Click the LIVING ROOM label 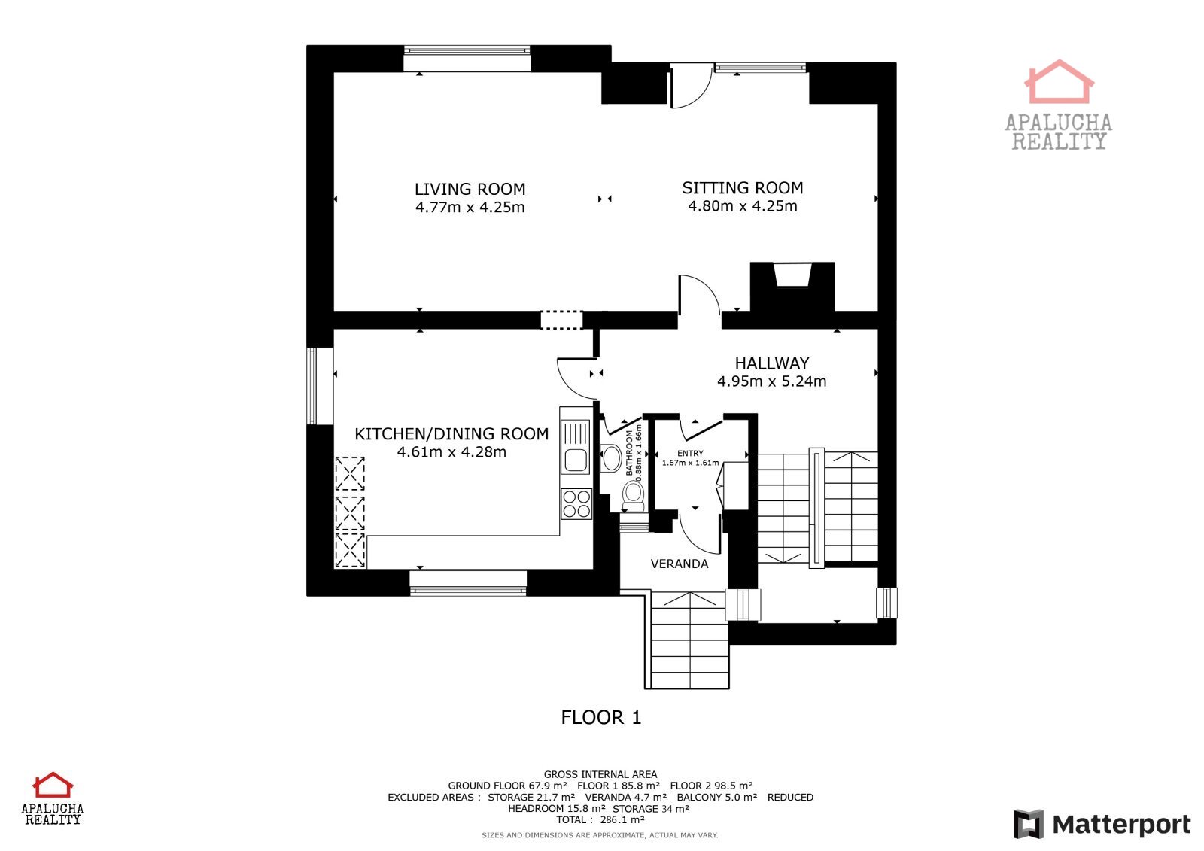click(x=470, y=189)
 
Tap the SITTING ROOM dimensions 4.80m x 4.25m click(x=742, y=206)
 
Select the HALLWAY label click(x=772, y=363)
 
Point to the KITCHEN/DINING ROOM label click(x=451, y=434)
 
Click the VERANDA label click(x=680, y=564)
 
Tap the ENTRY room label click(x=690, y=453)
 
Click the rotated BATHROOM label click(x=629, y=453)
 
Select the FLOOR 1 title click(x=601, y=717)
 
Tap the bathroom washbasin click(x=610, y=458)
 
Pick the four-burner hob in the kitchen click(x=576, y=503)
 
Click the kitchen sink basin click(x=576, y=460)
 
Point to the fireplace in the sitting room click(x=792, y=287)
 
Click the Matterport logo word click(x=1122, y=825)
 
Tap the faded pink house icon click(x=1059, y=82)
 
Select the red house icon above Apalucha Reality click(x=53, y=785)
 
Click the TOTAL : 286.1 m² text click(x=600, y=820)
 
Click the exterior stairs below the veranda click(x=687, y=640)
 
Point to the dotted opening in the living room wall click(x=561, y=320)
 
